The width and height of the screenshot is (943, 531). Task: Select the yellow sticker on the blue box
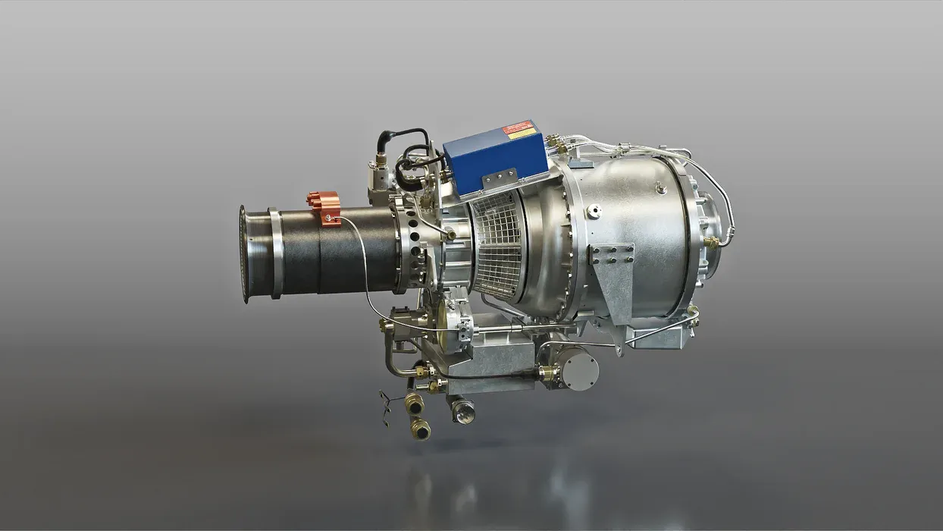point(524,134)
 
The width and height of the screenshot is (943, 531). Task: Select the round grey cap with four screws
point(579,371)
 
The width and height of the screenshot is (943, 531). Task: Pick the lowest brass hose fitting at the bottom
point(420,429)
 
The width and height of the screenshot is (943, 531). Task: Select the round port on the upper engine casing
point(594,212)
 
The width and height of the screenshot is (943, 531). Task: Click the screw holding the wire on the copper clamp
point(327,219)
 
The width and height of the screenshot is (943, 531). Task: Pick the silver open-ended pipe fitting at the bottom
point(462,411)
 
